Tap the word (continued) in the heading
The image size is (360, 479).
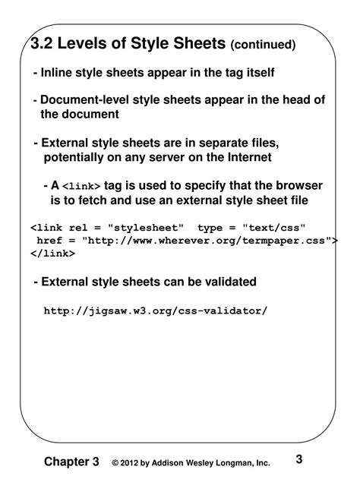coord(263,46)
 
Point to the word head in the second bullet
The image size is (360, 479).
coord(301,100)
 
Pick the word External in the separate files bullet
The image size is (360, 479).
coord(65,143)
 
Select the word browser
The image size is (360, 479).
coord(298,186)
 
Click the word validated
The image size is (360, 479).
coord(228,282)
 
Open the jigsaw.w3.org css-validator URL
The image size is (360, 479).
coord(156,310)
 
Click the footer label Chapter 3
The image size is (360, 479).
coord(71,462)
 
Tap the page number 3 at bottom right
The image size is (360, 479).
coord(298,459)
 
